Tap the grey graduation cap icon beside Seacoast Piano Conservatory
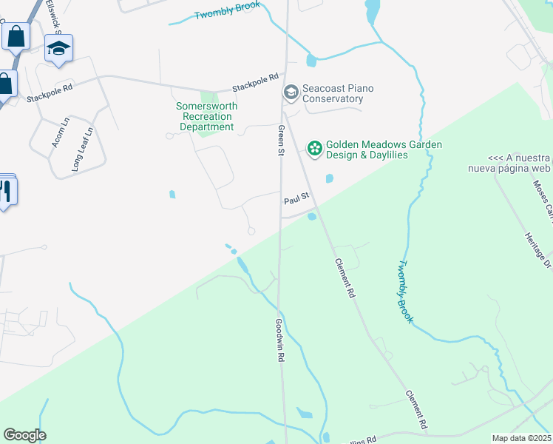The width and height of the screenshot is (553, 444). (291, 92)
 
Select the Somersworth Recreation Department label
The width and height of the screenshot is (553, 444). (206, 116)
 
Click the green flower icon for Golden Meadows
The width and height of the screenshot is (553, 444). (315, 149)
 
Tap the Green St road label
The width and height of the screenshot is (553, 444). (281, 140)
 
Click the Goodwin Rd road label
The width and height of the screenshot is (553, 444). (279, 340)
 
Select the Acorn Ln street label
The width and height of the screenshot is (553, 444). (60, 131)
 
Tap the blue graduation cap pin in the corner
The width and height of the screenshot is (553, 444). (58, 50)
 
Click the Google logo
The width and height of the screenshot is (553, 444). (24, 435)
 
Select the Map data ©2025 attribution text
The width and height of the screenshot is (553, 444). (520, 438)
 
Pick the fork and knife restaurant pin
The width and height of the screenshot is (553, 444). (6, 191)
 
